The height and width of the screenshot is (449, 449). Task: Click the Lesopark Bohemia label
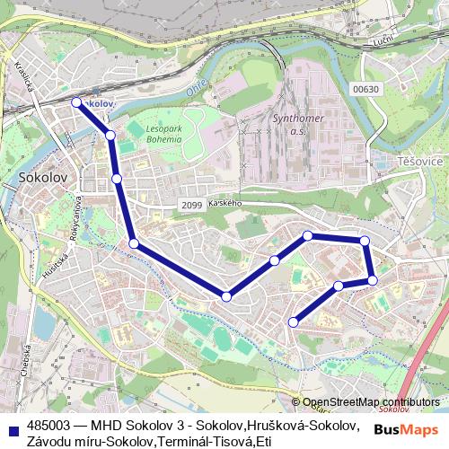[165, 135]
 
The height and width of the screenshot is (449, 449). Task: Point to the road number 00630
[366, 88]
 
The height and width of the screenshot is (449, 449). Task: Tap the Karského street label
[225, 205]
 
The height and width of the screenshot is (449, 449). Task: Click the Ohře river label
[194, 90]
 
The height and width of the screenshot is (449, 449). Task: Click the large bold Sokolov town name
[43, 178]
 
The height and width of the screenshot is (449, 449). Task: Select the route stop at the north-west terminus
[76, 102]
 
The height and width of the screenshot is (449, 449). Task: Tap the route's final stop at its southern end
[293, 321]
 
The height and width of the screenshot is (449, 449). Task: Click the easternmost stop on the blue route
[373, 280]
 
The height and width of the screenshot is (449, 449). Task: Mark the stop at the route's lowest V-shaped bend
[226, 296]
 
